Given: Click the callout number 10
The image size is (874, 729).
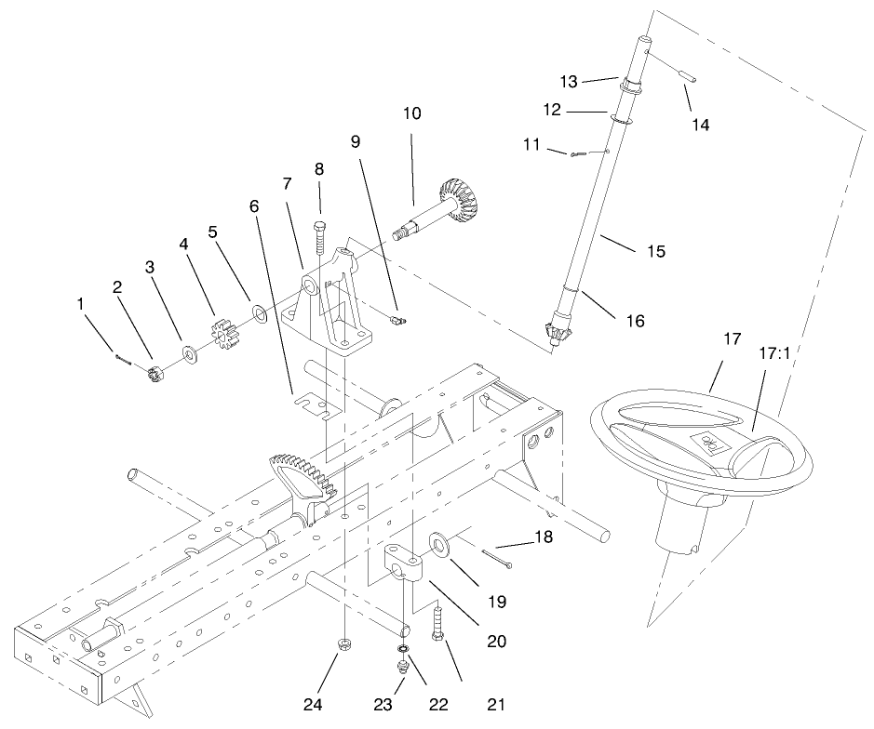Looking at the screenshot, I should (412, 114).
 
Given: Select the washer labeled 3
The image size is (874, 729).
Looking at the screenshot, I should (190, 352).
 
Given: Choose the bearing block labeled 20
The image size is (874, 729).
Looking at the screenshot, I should (405, 565).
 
